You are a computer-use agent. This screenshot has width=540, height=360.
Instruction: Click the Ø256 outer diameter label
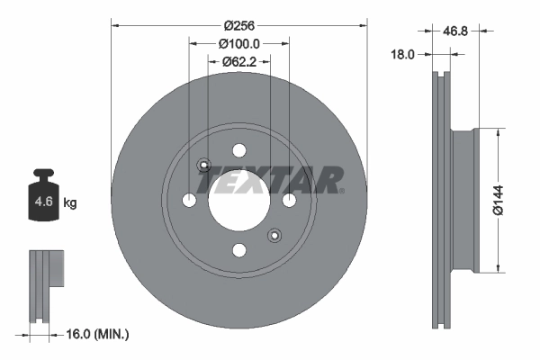point(239,24)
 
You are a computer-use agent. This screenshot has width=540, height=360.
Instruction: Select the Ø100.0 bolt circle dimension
point(239,43)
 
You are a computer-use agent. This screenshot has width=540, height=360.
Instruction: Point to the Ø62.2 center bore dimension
point(239,62)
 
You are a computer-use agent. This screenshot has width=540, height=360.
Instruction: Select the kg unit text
point(69,203)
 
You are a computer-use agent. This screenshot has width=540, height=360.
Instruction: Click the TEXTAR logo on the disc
point(270,180)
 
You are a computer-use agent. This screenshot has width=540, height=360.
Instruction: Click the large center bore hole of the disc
point(239,200)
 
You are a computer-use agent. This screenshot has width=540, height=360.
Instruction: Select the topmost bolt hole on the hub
point(239,150)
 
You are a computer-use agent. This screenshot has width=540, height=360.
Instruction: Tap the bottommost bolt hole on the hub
point(239,250)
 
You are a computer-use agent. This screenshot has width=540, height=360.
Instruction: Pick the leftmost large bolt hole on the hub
point(189,200)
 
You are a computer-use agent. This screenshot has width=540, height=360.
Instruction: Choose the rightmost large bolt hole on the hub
point(289,200)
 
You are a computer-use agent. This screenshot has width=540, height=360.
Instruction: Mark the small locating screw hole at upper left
point(204,166)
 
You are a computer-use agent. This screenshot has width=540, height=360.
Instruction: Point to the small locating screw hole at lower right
point(274,235)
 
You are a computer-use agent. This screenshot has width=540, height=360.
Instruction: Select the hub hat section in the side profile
point(463,200)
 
